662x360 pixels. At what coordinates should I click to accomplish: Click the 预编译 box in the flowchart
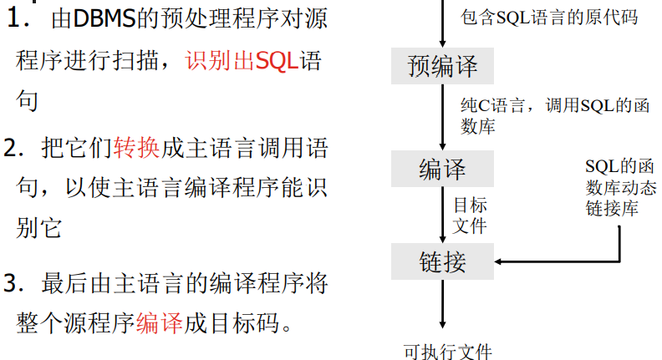click(x=442, y=67)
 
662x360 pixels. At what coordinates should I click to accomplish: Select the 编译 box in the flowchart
click(x=442, y=170)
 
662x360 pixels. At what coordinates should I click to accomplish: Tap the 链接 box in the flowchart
click(x=442, y=262)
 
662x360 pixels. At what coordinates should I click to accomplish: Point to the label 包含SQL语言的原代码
click(x=548, y=17)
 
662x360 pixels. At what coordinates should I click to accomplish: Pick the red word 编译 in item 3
click(x=160, y=322)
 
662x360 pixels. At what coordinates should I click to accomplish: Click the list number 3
click(x=12, y=282)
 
